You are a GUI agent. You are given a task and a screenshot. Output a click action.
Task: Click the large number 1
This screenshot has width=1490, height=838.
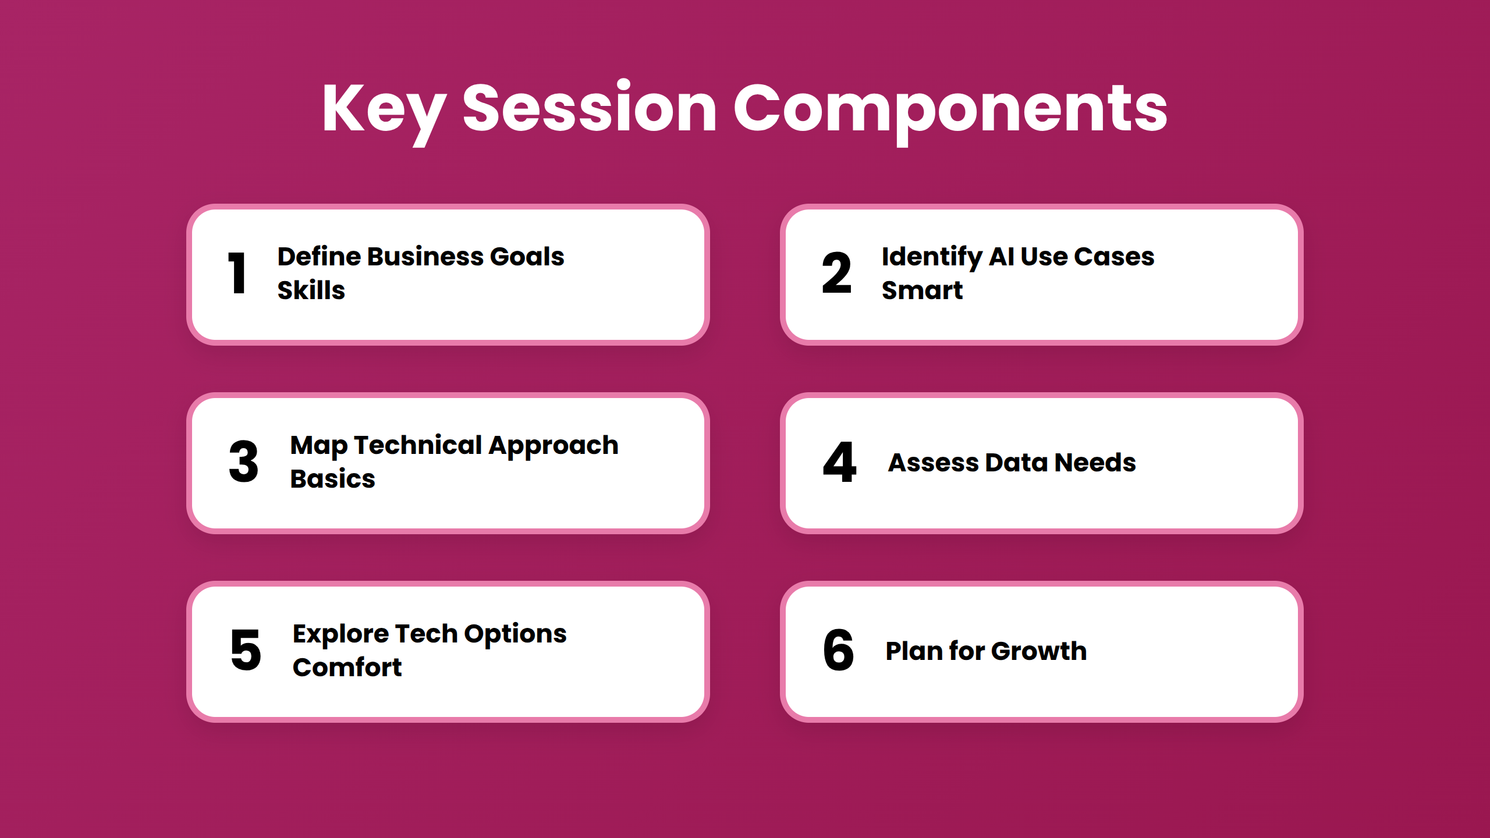(x=237, y=273)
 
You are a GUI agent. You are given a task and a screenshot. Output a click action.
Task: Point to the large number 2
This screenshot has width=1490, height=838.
(x=837, y=273)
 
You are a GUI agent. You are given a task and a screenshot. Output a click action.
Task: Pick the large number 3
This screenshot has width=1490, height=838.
(x=244, y=461)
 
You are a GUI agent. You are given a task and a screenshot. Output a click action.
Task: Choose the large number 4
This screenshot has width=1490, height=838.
(x=839, y=461)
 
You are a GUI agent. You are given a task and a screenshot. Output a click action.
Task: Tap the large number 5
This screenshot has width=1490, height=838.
(x=246, y=650)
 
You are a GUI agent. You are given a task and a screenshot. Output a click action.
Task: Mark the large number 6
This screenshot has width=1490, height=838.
(x=839, y=650)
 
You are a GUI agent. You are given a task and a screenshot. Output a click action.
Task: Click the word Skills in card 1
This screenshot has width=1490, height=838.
(x=311, y=290)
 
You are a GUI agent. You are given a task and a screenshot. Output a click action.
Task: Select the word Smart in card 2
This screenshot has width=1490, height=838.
(x=923, y=290)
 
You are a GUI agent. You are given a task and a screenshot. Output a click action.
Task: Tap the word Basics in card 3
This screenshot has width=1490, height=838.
(x=333, y=478)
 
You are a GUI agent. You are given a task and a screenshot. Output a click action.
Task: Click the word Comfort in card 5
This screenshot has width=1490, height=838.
(x=347, y=667)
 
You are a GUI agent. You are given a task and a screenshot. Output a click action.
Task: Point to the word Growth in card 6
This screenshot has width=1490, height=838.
(x=1039, y=651)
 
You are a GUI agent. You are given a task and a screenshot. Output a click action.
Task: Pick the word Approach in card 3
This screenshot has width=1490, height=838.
(x=554, y=446)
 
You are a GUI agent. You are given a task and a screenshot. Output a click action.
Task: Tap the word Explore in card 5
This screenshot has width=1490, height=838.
(x=341, y=634)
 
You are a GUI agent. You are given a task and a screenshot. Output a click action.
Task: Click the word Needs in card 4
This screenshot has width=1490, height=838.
(x=1095, y=462)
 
